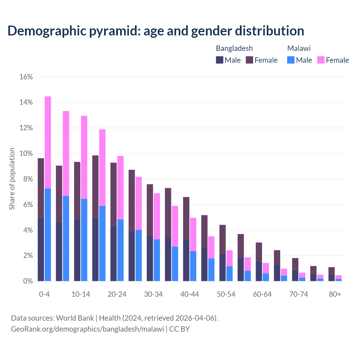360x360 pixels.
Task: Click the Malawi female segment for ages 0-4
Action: tap(48, 142)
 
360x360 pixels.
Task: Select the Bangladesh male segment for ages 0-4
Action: tap(41, 249)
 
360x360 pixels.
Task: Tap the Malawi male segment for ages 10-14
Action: tap(84, 240)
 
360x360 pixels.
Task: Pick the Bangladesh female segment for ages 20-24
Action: tap(114, 194)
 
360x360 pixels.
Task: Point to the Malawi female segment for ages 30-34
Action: tap(157, 216)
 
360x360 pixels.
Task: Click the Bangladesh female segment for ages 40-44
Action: tap(186, 218)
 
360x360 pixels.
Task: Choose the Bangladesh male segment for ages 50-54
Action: tap(222, 267)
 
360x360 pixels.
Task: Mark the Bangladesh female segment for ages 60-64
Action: tap(259, 252)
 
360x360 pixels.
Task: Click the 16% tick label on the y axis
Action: tap(26, 77)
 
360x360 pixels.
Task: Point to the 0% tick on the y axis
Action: tap(28, 281)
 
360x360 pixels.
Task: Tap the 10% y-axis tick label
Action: tap(26, 154)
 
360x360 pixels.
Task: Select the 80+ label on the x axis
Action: tap(335, 294)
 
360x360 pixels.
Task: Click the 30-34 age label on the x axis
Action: tap(153, 294)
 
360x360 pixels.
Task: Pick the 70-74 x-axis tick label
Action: tap(298, 294)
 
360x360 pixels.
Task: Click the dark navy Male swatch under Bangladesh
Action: tap(220, 60)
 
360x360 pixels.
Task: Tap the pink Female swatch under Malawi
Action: tap(321, 60)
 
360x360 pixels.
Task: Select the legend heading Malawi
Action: tap(299, 48)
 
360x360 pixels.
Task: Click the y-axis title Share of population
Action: tap(12, 179)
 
